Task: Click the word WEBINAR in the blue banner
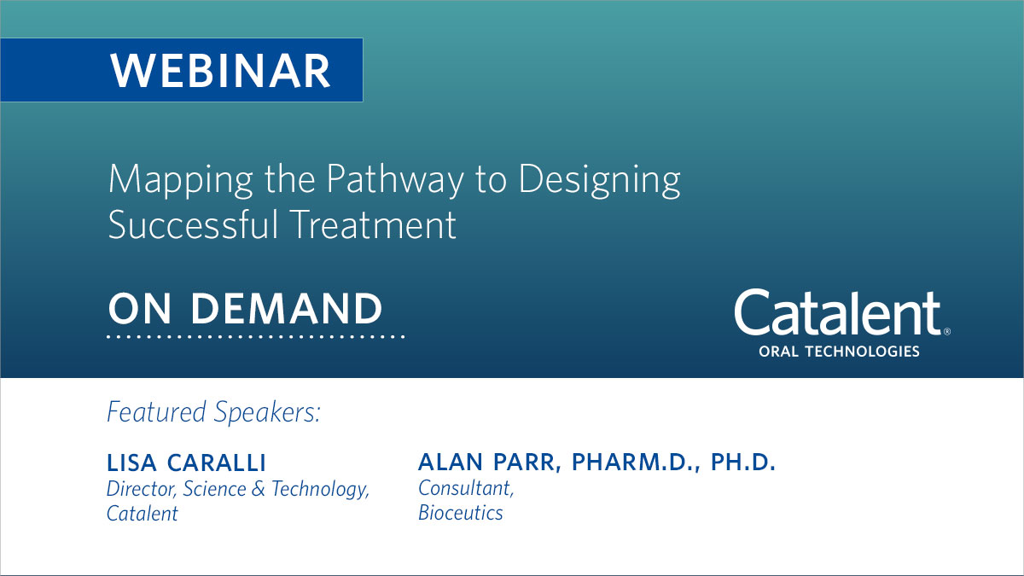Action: [220, 71]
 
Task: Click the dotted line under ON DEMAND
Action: [255, 337]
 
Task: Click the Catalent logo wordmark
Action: [837, 313]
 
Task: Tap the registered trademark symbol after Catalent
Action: [946, 331]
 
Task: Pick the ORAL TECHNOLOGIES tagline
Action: [839, 351]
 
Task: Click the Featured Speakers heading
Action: [213, 412]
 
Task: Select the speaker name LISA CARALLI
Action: [186, 463]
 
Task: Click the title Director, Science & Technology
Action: [238, 489]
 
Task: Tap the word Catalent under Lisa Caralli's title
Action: [143, 514]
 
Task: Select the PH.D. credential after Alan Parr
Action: [740, 463]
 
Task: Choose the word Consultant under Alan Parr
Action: [466, 489]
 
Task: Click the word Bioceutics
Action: [461, 513]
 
